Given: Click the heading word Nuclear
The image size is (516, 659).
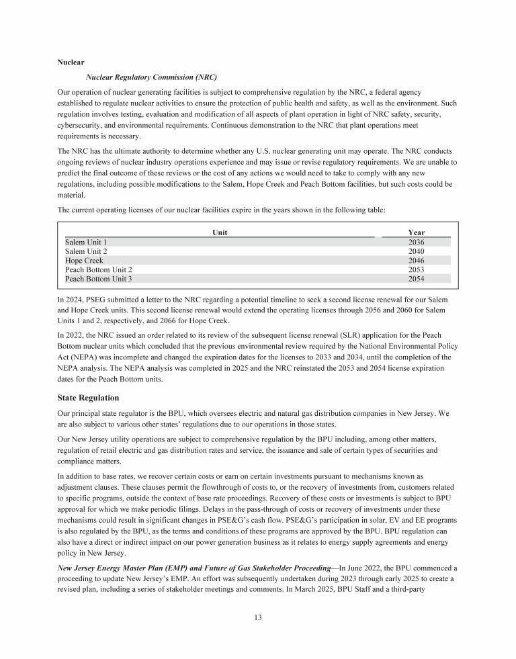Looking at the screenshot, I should pos(71,62).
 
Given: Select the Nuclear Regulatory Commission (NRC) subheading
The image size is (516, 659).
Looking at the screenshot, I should pos(152,77).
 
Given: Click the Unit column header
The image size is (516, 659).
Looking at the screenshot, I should pos(220,232).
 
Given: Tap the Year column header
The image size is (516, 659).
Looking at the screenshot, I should pos(416,232).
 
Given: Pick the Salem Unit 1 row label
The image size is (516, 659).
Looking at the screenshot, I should pos(86,242).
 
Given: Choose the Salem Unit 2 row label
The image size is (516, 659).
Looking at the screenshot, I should pos(86,251).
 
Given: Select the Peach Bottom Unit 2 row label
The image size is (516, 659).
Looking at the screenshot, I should pos(98,269).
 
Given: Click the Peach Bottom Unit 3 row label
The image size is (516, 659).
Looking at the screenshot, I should pos(98,278).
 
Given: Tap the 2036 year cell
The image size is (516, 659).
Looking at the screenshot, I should pos(416,242).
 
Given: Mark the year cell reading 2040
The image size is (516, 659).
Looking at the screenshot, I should pos(416,251).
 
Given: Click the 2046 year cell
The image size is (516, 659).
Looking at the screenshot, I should pos(416,260).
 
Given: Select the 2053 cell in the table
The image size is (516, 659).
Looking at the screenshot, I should pos(416,269).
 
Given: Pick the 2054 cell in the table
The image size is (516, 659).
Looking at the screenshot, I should pos(416,278).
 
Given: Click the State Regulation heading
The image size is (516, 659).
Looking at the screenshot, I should pos(92,398).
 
